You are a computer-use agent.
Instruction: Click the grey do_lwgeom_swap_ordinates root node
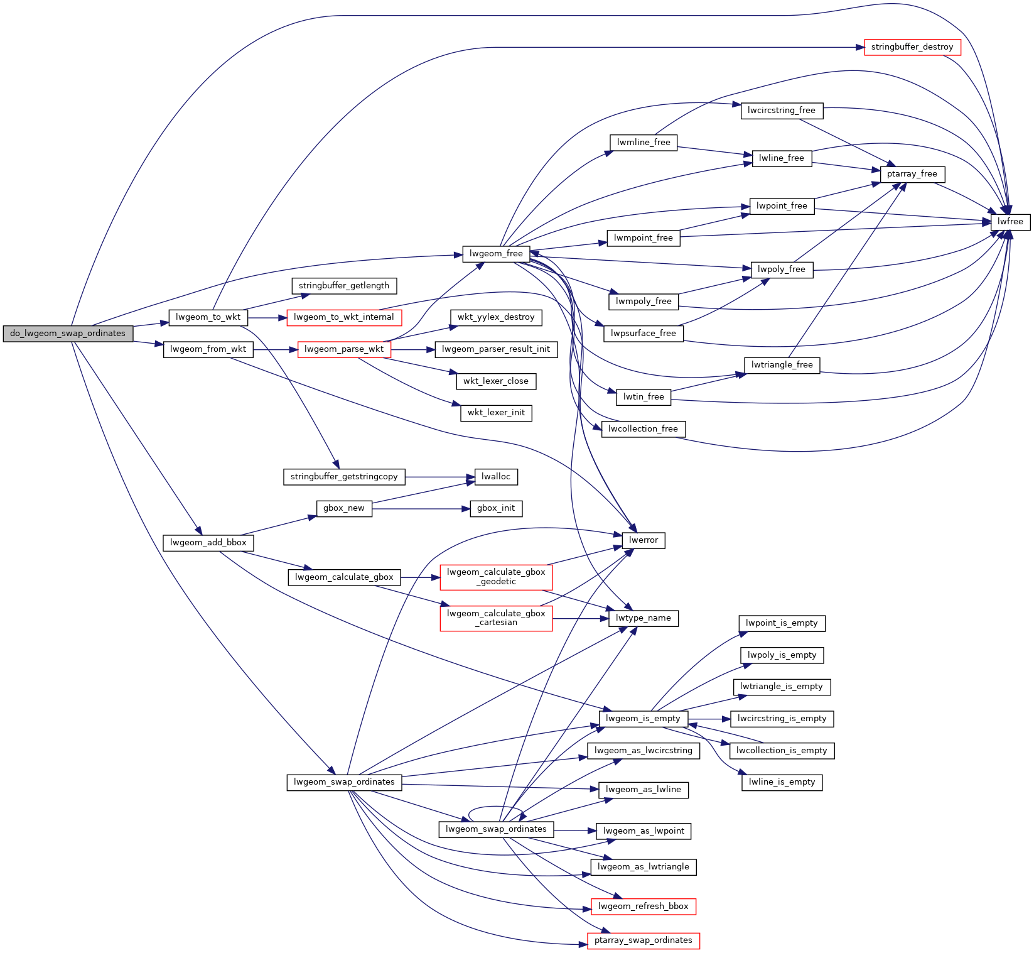click(x=68, y=334)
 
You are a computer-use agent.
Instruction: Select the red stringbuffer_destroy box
click(x=912, y=47)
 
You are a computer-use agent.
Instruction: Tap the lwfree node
click(x=1010, y=222)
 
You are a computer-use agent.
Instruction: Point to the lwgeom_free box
click(x=496, y=254)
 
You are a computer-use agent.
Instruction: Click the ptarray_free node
click(x=912, y=174)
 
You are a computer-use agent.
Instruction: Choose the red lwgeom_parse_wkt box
click(x=343, y=349)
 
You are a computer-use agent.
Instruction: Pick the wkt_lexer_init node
click(x=496, y=413)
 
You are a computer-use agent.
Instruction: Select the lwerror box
click(x=643, y=540)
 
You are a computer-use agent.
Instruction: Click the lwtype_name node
click(x=643, y=618)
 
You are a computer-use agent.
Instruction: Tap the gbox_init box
click(x=495, y=508)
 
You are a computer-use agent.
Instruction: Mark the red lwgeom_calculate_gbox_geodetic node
click(x=496, y=577)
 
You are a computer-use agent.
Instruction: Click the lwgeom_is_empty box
click(x=643, y=719)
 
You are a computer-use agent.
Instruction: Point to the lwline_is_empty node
click(x=781, y=782)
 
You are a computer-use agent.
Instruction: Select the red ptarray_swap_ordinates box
click(x=643, y=940)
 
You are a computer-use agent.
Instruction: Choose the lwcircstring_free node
click(x=781, y=111)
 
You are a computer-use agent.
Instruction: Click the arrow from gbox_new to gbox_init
click(x=421, y=508)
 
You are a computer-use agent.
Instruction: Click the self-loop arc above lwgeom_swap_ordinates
click(x=496, y=807)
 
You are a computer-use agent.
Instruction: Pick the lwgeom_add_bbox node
click(x=208, y=543)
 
